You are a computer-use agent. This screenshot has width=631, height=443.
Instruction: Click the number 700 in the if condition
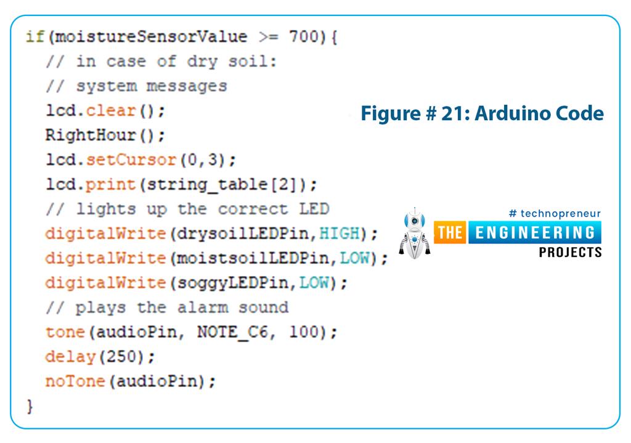tap(304, 37)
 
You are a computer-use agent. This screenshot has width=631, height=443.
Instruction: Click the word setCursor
tap(131, 160)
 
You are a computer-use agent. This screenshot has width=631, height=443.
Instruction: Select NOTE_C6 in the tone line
tap(235, 333)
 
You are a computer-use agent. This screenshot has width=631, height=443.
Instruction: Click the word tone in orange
tap(65, 333)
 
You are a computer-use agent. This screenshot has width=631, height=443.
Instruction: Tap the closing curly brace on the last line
tap(29, 407)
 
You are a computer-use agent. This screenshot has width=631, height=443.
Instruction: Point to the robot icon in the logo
tap(414, 233)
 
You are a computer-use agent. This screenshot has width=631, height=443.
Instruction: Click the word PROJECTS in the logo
tap(570, 252)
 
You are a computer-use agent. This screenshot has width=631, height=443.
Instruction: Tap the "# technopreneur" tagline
tap(555, 214)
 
